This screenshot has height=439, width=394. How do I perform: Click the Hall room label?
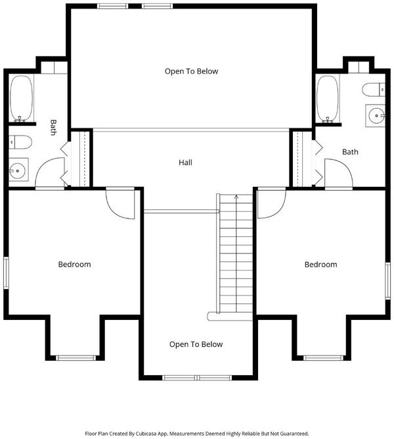[185, 163]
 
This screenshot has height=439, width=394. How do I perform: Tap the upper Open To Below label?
[191, 71]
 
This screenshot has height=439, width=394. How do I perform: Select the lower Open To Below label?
[196, 344]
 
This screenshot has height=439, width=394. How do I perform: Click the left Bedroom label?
[74, 265]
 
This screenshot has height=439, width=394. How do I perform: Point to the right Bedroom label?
[321, 265]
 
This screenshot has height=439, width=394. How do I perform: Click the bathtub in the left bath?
[21, 99]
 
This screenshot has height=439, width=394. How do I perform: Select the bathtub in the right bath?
[328, 99]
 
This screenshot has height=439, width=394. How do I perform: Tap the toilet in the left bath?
[20, 142]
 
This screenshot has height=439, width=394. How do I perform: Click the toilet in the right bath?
[374, 90]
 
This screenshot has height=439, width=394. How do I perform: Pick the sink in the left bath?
[18, 170]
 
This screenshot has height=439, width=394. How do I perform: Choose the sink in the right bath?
[376, 116]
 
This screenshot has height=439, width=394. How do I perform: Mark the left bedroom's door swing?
[120, 205]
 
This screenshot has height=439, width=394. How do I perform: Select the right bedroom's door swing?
[272, 205]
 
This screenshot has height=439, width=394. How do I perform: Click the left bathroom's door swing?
[51, 172]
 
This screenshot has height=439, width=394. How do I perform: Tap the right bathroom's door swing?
[338, 173]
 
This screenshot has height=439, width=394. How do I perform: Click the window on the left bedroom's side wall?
[6, 272]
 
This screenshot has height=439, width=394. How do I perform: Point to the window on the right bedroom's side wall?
[388, 281]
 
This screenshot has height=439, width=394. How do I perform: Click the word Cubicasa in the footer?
[146, 434]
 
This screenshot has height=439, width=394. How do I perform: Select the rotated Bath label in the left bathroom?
[53, 128]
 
